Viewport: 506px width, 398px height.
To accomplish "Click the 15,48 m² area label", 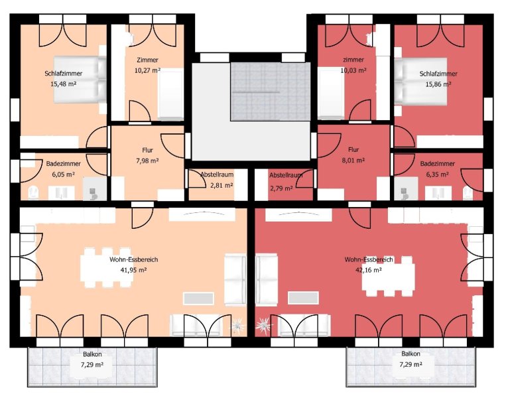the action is (63, 84).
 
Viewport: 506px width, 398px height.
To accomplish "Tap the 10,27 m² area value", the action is (147, 70).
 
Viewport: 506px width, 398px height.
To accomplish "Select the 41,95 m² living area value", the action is (133, 270).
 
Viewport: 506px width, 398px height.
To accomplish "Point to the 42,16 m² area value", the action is (369, 270).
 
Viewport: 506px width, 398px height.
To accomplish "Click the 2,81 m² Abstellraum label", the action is (221, 185).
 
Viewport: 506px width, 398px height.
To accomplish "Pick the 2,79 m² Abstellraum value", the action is (281, 188).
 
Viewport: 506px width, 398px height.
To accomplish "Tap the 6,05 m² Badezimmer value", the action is (63, 174).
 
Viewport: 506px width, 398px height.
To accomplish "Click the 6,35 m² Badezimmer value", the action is (437, 174).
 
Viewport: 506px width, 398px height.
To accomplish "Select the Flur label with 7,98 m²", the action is (147, 150).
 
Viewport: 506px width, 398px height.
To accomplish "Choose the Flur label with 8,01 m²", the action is (353, 150).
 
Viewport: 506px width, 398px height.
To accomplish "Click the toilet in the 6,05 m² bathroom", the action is (34, 193).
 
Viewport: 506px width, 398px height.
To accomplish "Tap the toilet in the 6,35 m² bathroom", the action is (468, 193).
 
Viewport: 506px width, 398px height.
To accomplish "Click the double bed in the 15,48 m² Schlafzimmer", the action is (80, 80).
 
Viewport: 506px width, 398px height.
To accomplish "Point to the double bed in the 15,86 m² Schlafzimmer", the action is (420, 82).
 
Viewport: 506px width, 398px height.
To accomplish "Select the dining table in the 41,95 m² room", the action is (106, 267).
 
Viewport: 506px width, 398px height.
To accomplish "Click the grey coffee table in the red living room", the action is (303, 298).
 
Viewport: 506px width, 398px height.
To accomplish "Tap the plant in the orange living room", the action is (237, 325).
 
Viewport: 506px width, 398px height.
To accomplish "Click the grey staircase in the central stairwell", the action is (271, 92).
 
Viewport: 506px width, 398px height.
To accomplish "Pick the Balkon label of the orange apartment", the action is (92, 354).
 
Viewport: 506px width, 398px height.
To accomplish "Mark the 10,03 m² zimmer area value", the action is (353, 70).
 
